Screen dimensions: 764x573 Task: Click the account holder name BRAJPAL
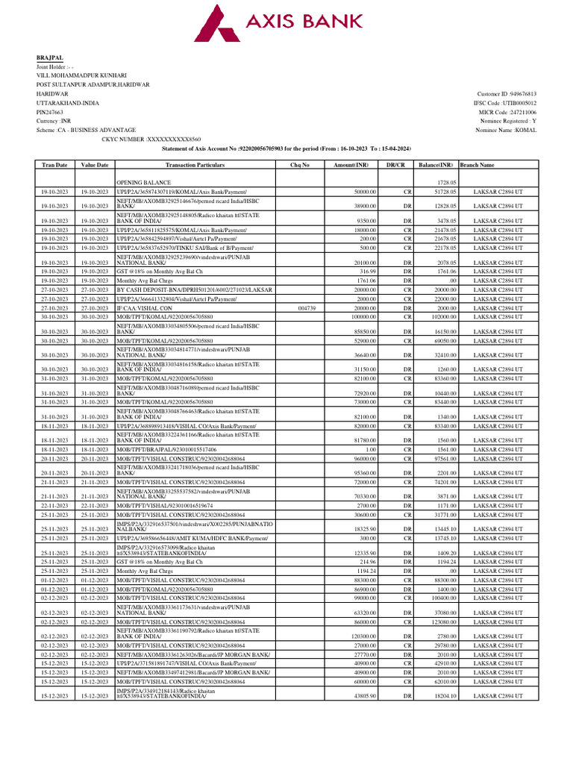(50, 57)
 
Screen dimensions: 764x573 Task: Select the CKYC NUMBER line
(151, 139)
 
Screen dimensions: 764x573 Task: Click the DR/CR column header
(395, 164)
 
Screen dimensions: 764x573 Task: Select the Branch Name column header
(477, 164)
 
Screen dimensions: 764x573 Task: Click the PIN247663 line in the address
(51, 111)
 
